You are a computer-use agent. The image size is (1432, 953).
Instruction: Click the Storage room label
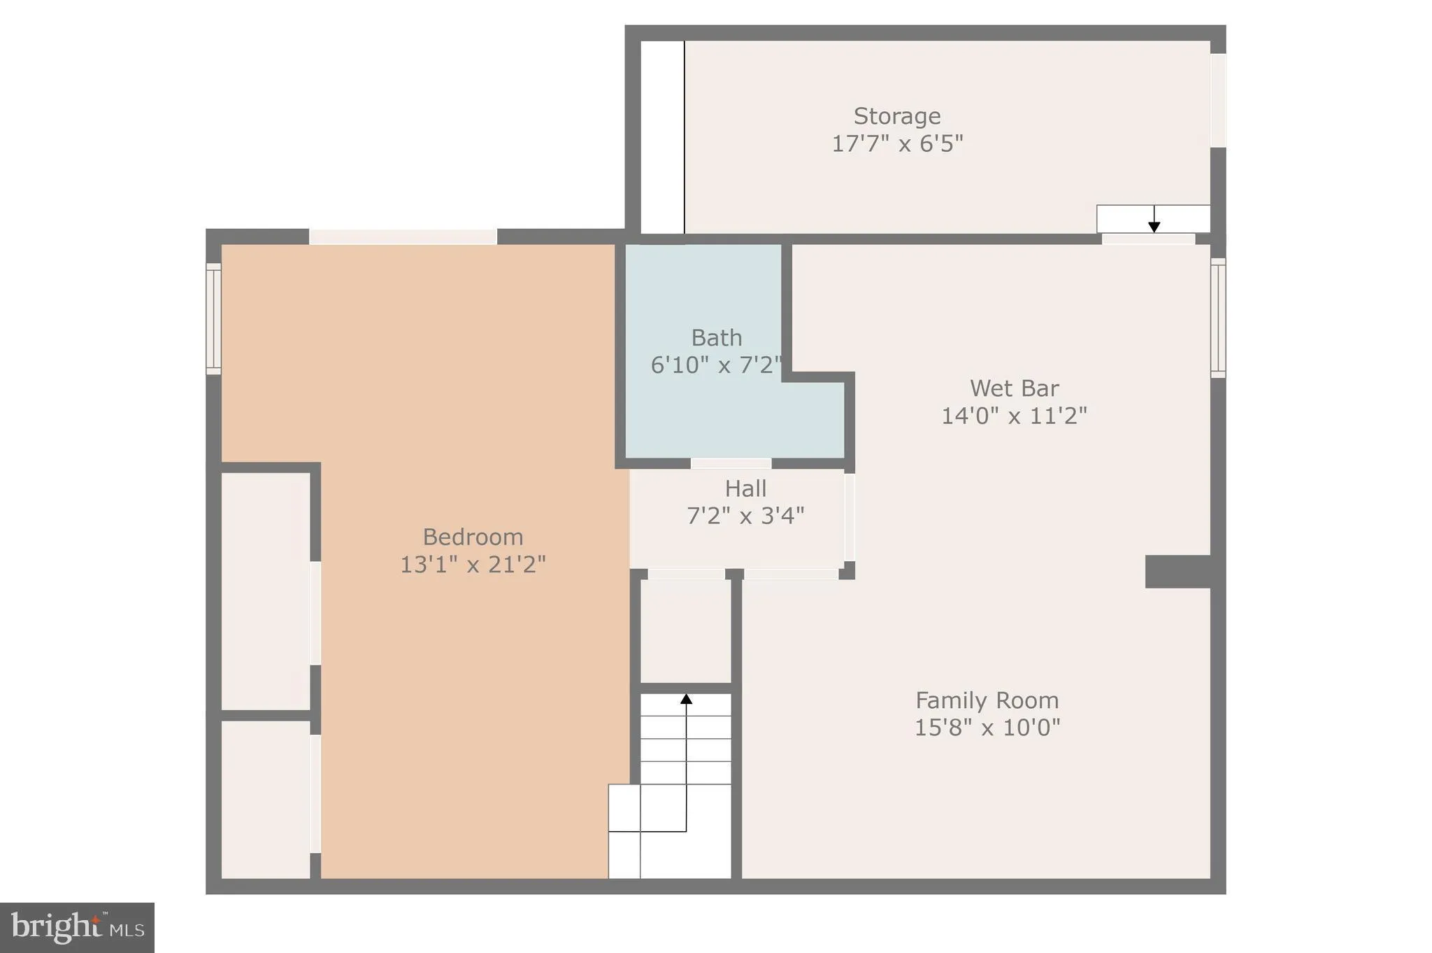click(896, 116)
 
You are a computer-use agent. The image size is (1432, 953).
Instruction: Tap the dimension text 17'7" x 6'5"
click(897, 143)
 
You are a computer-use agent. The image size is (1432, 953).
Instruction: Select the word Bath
click(716, 338)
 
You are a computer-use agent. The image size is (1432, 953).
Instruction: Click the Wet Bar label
click(1014, 388)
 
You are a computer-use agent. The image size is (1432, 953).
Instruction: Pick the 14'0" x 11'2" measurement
click(1014, 416)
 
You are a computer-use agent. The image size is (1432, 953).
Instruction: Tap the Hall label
click(745, 488)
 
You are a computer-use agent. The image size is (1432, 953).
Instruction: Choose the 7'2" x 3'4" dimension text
click(745, 516)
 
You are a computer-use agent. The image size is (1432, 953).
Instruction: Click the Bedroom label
click(473, 537)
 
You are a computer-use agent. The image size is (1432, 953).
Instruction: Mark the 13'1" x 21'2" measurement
click(473, 565)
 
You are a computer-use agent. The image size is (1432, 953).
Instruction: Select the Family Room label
click(987, 700)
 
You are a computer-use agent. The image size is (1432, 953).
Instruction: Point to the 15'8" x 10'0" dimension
click(987, 728)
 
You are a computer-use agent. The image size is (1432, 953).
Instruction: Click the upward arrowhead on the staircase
click(686, 698)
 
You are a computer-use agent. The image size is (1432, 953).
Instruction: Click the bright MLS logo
click(77, 928)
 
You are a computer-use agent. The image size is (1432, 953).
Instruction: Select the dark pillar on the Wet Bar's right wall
click(1177, 572)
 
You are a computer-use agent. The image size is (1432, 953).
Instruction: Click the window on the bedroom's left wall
click(213, 318)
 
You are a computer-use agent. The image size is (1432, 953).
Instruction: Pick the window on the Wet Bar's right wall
click(1218, 318)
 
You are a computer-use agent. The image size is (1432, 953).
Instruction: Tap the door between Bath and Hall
click(731, 463)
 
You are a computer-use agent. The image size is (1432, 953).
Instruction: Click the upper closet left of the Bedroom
click(266, 591)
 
